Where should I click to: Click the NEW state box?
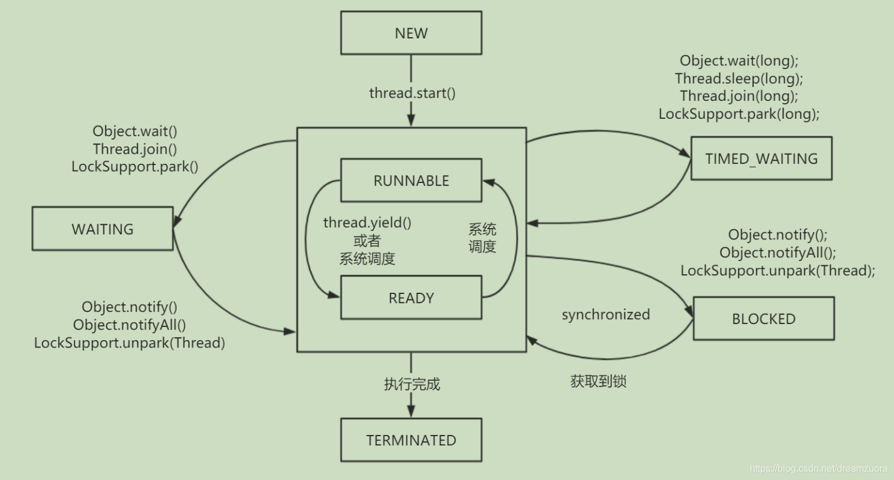(411, 33)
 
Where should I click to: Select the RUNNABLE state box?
(411, 181)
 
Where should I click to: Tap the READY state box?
(411, 298)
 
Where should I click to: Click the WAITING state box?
(103, 229)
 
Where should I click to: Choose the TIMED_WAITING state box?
(761, 158)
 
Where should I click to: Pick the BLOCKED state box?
(763, 319)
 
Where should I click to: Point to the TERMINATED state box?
(411, 440)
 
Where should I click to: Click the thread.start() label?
(412, 93)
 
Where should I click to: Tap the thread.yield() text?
(367, 223)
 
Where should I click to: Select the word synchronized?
(605, 314)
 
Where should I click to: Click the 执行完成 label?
(412, 384)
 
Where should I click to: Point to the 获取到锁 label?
(598, 381)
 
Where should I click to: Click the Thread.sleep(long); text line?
(739, 78)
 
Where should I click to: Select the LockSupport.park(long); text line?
(739, 113)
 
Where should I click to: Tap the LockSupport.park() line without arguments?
(134, 166)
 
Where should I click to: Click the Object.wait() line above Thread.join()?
(134, 131)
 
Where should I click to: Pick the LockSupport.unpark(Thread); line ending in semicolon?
(777, 270)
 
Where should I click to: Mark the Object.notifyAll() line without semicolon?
(130, 325)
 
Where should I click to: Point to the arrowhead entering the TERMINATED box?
(411, 412)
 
